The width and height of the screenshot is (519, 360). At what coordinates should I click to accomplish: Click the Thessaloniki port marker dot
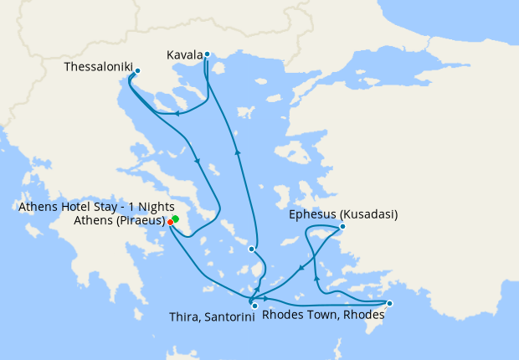point(138,71)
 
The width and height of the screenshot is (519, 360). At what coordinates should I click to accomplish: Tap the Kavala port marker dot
point(207,55)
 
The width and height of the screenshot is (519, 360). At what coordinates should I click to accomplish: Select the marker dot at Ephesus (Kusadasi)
point(342,227)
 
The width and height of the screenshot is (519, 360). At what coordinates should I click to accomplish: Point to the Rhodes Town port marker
point(389,303)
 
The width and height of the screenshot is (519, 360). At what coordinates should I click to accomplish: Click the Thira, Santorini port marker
point(254,306)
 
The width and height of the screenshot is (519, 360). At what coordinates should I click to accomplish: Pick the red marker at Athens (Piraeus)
point(171,222)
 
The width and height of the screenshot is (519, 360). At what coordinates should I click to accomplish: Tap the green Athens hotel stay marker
point(176,219)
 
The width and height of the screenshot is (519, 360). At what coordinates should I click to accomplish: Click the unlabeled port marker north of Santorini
point(251,249)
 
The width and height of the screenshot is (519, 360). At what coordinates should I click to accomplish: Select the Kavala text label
point(184,54)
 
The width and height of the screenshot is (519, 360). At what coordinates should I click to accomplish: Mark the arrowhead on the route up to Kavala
point(238,152)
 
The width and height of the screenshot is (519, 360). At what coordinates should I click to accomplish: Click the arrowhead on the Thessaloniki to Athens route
point(198,162)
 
